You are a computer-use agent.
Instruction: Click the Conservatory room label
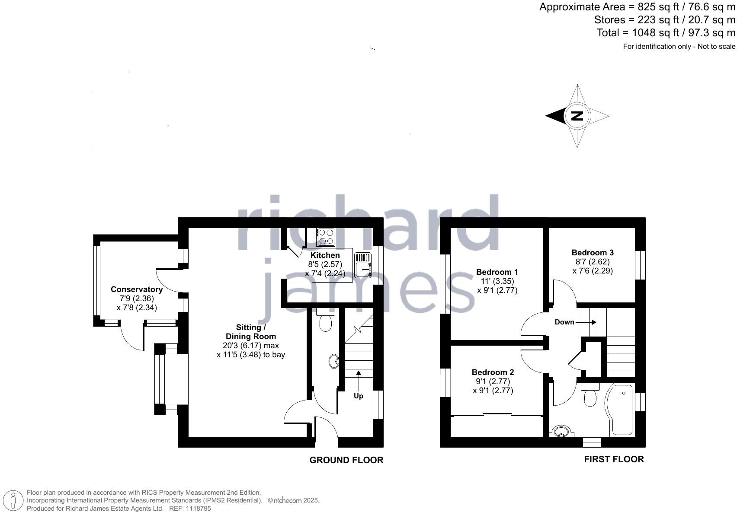click(x=137, y=289)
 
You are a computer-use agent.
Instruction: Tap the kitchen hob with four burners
click(x=326, y=237)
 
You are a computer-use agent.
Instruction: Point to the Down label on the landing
click(x=564, y=322)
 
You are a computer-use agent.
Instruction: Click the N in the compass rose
click(x=577, y=116)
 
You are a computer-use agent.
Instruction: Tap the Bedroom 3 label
click(x=593, y=253)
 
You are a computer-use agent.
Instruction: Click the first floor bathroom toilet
click(x=590, y=395)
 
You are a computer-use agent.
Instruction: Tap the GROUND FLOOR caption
click(x=346, y=460)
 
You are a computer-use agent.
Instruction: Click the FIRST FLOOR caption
click(x=614, y=459)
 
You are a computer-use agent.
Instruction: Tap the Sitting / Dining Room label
click(x=251, y=332)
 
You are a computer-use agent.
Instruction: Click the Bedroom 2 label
click(x=493, y=372)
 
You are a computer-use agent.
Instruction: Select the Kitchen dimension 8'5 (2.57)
click(x=325, y=264)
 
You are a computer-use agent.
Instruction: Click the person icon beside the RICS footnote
click(x=13, y=501)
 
